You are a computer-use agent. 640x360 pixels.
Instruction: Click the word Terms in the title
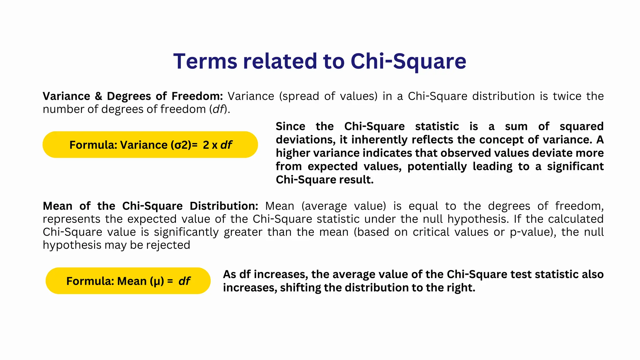tap(205, 61)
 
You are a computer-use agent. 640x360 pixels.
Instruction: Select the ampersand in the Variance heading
tap(98, 96)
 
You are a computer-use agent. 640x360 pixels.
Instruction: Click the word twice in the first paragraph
tap(567, 96)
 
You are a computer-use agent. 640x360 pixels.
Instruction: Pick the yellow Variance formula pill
tap(150, 145)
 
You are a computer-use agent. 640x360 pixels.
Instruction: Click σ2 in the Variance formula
tap(181, 145)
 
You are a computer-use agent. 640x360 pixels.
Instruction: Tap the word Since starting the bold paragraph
tap(290, 127)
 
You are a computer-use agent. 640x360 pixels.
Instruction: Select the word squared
tap(581, 127)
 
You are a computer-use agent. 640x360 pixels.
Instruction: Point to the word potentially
tap(437, 167)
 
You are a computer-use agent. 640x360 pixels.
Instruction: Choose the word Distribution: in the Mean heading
tap(224, 206)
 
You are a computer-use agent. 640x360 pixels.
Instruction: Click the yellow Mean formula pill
tap(128, 281)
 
